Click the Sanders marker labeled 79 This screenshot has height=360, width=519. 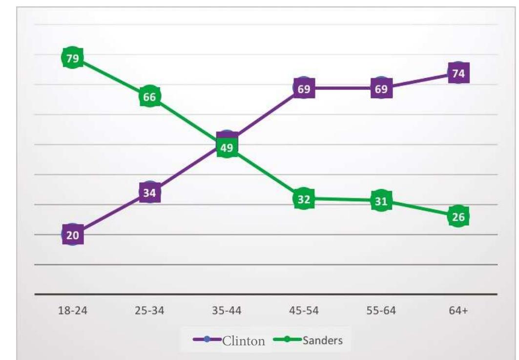tap(72, 58)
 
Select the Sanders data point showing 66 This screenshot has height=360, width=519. tap(149, 97)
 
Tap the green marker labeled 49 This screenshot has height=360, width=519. tap(227, 148)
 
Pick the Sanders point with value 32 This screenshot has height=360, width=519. tap(304, 199)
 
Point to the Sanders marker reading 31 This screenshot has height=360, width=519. tap(381, 201)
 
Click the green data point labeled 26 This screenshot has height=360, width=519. tap(458, 216)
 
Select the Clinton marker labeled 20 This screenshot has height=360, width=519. tap(72, 235)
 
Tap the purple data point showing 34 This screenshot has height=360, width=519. tap(149, 193)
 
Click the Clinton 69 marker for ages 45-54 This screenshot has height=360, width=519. tap(304, 88)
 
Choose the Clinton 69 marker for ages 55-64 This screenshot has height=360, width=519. tap(381, 88)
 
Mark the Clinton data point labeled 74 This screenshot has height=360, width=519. tap(458, 73)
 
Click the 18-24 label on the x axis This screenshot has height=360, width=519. tap(72, 311)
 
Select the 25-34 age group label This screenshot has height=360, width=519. tap(149, 311)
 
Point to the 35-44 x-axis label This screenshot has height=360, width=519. tap(227, 311)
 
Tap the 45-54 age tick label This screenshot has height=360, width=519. tap(304, 311)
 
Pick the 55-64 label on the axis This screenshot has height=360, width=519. tap(381, 311)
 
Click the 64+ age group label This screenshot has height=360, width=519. tap(458, 311)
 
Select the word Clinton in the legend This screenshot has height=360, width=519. tap(244, 341)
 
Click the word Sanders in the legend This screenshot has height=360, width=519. tap(323, 340)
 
